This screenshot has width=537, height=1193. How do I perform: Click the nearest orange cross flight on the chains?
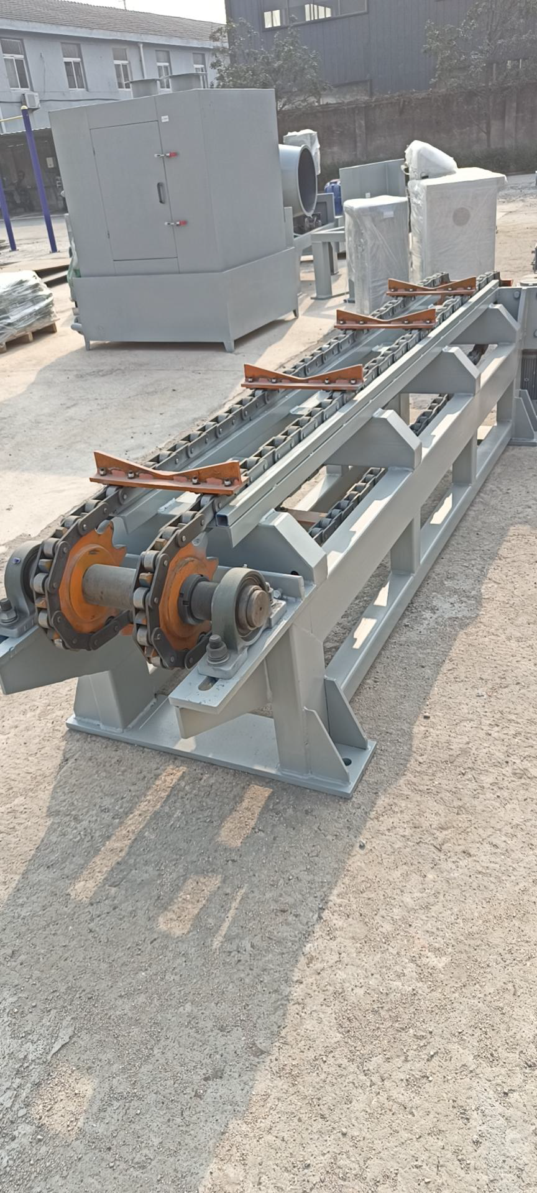click(x=167, y=474)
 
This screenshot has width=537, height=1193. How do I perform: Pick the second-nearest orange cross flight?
click(x=303, y=378)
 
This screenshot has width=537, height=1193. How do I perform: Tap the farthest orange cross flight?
click(x=431, y=286)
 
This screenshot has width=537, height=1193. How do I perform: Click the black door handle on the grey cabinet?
click(x=162, y=193)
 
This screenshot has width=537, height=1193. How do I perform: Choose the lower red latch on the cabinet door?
click(x=176, y=223)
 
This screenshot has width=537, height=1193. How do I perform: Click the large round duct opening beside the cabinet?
click(x=300, y=179)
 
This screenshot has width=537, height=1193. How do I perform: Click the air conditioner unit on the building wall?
click(x=30, y=100)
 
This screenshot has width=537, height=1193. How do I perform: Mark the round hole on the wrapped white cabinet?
click(x=461, y=216)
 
